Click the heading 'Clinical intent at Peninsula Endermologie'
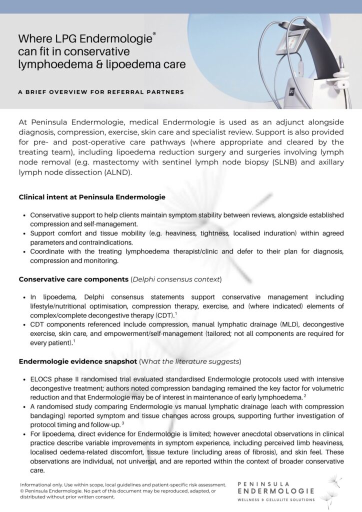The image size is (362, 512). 92,197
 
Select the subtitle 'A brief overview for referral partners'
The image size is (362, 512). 101,92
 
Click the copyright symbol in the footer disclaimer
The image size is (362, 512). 22,491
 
